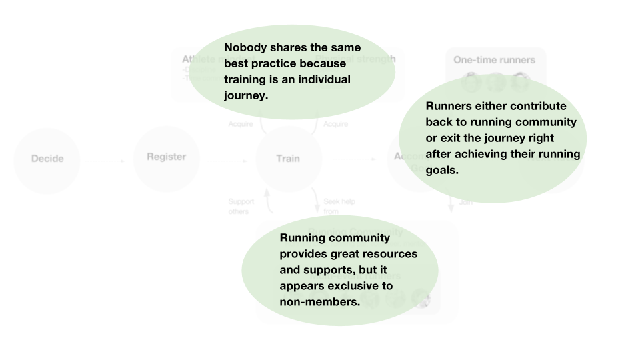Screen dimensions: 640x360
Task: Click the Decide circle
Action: click(x=47, y=159)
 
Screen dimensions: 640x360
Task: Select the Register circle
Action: click(x=166, y=157)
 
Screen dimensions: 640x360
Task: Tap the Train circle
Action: click(x=288, y=159)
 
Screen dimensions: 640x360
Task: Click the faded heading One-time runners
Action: click(x=494, y=60)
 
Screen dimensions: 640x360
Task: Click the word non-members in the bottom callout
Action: click(x=319, y=302)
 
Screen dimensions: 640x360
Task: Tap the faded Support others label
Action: click(x=238, y=206)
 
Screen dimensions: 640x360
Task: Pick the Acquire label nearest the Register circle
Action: click(x=240, y=125)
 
